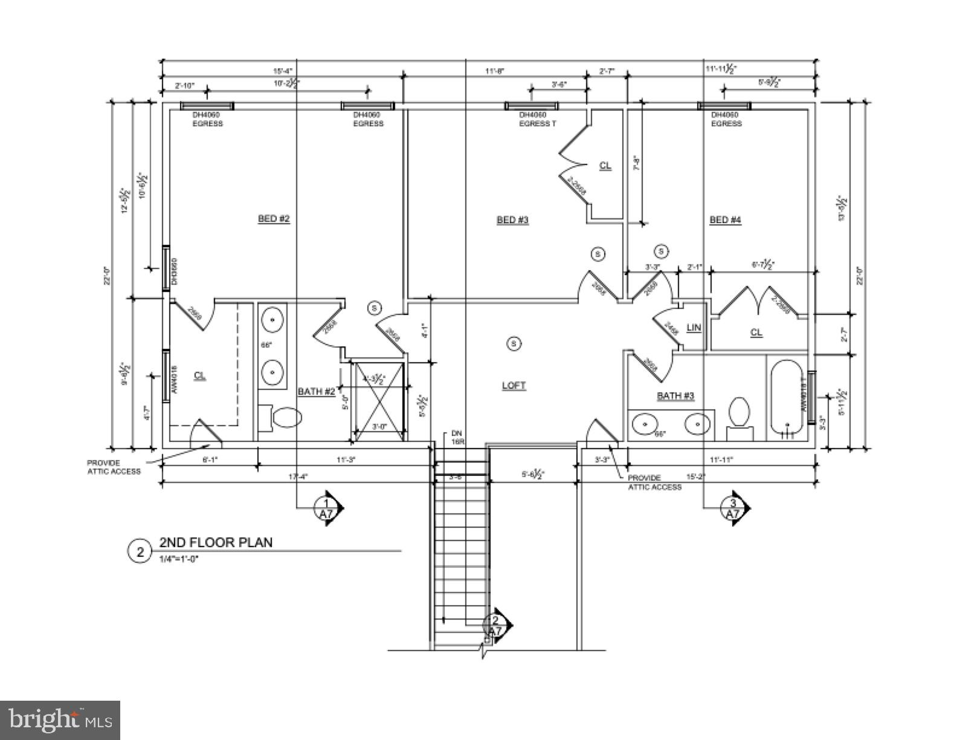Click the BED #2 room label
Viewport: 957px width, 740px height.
pyautogui.click(x=274, y=219)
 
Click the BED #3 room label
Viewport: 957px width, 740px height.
pyautogui.click(x=512, y=219)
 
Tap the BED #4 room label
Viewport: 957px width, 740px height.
pyautogui.click(x=725, y=219)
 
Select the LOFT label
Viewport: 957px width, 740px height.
pyautogui.click(x=514, y=386)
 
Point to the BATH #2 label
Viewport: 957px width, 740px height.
pyautogui.click(x=316, y=392)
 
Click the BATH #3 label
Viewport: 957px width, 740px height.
pyautogui.click(x=675, y=396)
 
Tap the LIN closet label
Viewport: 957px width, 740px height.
pyautogui.click(x=694, y=328)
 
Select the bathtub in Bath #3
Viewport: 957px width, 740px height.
pyautogui.click(x=786, y=400)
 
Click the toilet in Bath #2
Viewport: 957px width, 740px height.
pyautogui.click(x=284, y=418)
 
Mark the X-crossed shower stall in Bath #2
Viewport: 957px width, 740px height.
pyautogui.click(x=379, y=400)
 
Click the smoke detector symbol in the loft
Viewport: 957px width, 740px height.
pyautogui.click(x=514, y=344)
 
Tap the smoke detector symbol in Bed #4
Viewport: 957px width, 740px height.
pyautogui.click(x=661, y=251)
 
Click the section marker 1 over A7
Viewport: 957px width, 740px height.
pyautogui.click(x=327, y=508)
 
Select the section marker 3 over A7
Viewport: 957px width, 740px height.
pyautogui.click(x=733, y=508)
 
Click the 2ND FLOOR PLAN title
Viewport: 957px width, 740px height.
pyautogui.click(x=216, y=542)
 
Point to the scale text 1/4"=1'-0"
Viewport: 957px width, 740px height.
pyautogui.click(x=179, y=559)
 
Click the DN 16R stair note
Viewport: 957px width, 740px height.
pyautogui.click(x=457, y=437)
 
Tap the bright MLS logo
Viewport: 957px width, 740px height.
pyautogui.click(x=60, y=721)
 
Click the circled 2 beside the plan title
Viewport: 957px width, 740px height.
pyautogui.click(x=140, y=551)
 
